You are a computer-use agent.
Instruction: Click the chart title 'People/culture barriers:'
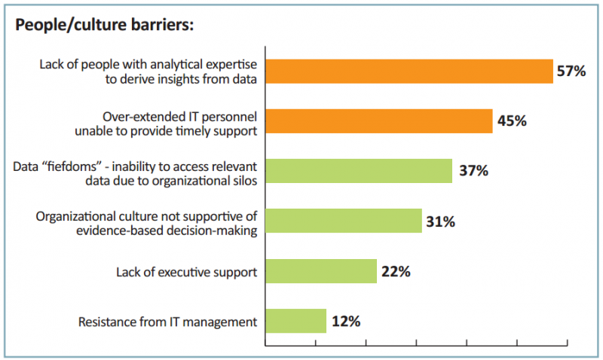[x=106, y=25]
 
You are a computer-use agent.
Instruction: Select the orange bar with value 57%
[x=409, y=71]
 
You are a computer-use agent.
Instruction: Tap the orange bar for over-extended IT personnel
[x=379, y=121]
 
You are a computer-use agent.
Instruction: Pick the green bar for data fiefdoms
[x=359, y=171]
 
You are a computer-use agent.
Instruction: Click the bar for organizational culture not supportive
[x=344, y=221]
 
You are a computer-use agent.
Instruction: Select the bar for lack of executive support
[x=321, y=271]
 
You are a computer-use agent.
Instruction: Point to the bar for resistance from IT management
[x=296, y=321]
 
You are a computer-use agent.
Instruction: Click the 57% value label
[x=571, y=72]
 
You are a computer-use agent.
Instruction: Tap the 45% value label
[x=511, y=121]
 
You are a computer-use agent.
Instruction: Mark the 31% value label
[x=441, y=221]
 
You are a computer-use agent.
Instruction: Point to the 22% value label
[x=395, y=271]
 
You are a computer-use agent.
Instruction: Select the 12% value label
[x=345, y=321]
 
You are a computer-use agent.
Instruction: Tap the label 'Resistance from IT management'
[x=168, y=322]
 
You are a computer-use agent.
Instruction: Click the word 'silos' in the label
[x=242, y=179]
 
